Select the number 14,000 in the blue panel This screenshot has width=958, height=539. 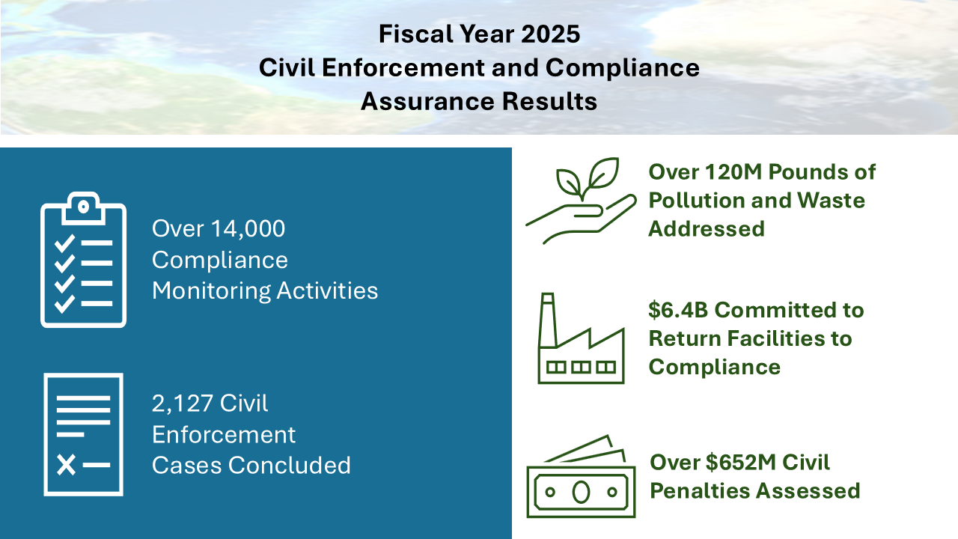coord(248,229)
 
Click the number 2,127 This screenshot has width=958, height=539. coord(182,404)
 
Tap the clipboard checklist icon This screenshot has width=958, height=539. coord(83,260)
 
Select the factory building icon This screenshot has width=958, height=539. coord(581,338)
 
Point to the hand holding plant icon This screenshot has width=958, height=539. coord(581,201)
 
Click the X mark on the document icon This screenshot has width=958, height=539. coord(67,465)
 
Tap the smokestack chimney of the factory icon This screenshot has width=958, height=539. coord(548,320)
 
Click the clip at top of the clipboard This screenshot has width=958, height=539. coord(83,208)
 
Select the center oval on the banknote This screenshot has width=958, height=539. coord(582,492)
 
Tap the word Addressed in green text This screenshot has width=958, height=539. coord(707,228)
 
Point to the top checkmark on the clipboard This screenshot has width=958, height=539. coord(64,243)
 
